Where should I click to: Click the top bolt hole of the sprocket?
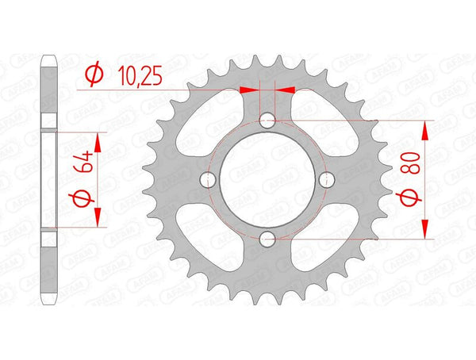pos(267,121)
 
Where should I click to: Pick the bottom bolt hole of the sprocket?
pos(267,238)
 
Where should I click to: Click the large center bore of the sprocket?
pos(267,179)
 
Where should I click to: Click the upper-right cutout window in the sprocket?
pos(322,123)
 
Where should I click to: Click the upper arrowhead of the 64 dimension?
pos(99,141)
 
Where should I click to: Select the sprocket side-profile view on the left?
pos(49,179)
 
